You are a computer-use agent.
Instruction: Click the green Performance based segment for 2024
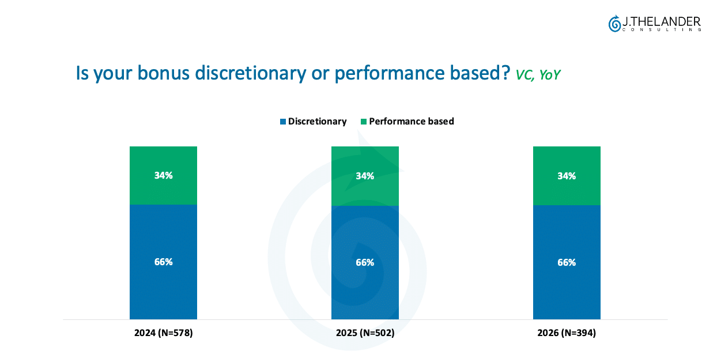pos(163,175)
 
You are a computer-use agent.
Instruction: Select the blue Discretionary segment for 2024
pos(163,262)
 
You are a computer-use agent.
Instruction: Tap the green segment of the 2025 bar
pos(365,176)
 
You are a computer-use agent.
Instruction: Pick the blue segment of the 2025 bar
pos(365,262)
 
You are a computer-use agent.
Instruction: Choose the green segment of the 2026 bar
pos(567,176)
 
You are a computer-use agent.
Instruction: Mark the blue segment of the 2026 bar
pos(567,262)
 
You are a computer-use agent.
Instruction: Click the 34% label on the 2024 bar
pos(163,175)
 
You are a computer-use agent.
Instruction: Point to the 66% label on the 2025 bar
pos(365,262)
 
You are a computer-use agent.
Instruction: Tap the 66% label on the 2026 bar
pos(567,262)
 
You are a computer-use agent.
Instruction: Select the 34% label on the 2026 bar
pos(567,176)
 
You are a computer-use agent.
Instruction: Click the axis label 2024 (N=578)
pos(163,333)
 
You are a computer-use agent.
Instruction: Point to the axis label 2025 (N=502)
pos(365,333)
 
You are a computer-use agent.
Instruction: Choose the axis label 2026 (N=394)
pos(567,333)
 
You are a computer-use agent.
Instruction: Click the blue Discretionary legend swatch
pos(283,122)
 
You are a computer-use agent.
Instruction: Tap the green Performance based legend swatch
pos(364,122)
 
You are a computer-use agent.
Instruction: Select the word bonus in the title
pos(164,73)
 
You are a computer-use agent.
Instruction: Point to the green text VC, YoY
pos(538,75)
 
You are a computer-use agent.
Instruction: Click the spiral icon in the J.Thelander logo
pos(614,24)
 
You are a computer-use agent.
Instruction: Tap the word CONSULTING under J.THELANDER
pos(662,30)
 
